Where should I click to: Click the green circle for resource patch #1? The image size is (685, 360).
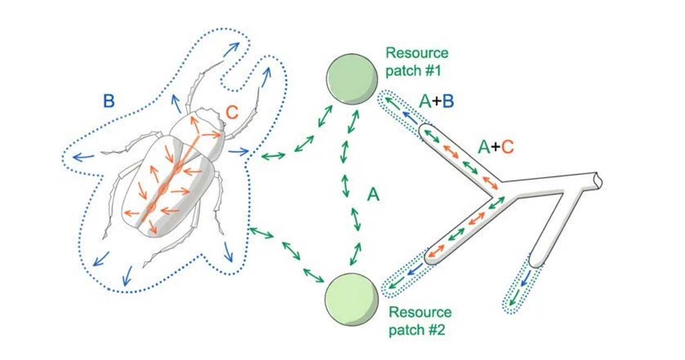point(351,79)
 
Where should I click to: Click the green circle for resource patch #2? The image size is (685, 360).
point(351,298)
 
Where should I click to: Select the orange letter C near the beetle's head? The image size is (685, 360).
point(232,113)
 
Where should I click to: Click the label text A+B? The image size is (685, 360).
point(436,101)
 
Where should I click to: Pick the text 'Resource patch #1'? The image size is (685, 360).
point(416,61)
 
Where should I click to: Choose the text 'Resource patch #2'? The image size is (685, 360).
point(419,320)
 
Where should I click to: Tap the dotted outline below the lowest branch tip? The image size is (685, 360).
point(521,289)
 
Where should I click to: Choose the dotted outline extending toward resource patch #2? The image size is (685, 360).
point(402,279)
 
